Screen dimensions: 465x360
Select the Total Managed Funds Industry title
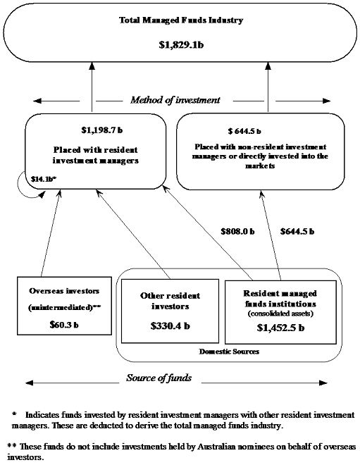tap(182, 20)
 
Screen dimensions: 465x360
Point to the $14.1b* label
tap(43, 179)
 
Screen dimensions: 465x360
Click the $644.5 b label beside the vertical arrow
tap(297, 230)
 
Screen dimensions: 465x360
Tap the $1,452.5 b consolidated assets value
tap(280, 328)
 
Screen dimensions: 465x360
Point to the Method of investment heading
tap(175, 100)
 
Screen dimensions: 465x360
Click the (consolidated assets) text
tap(280, 313)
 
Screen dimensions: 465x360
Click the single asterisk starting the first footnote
tap(13, 414)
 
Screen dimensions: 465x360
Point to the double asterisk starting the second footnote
tap(11, 446)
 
